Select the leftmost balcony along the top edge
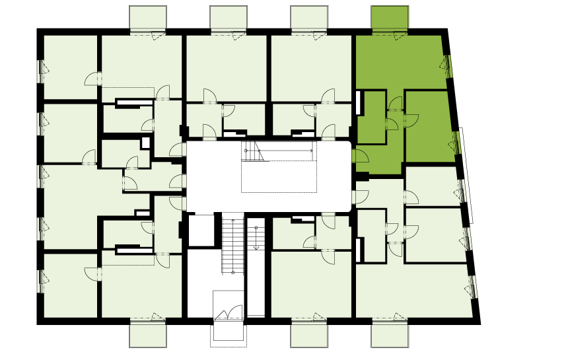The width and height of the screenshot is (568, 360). pos(148,18)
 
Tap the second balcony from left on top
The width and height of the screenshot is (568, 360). pos(229,18)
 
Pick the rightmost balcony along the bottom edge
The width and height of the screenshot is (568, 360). pos(390,335)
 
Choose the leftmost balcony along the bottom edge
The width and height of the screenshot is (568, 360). pos(148,335)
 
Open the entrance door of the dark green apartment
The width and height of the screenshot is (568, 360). pos(359,156)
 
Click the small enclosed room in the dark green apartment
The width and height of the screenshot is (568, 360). pos(371,116)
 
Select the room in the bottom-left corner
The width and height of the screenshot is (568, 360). pos(70,285)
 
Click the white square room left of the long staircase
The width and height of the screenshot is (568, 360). pos(201,230)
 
